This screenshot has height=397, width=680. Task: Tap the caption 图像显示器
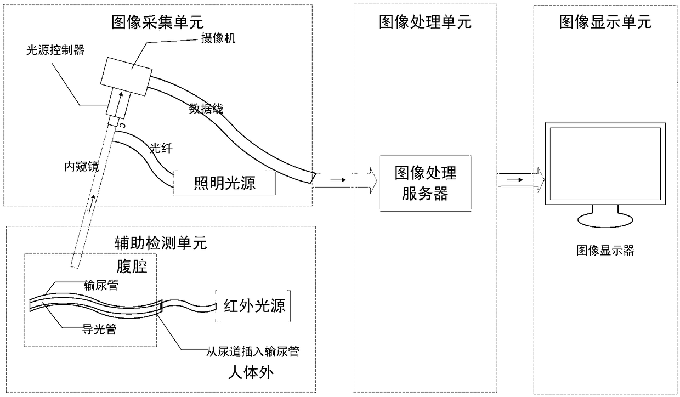click(605, 251)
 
